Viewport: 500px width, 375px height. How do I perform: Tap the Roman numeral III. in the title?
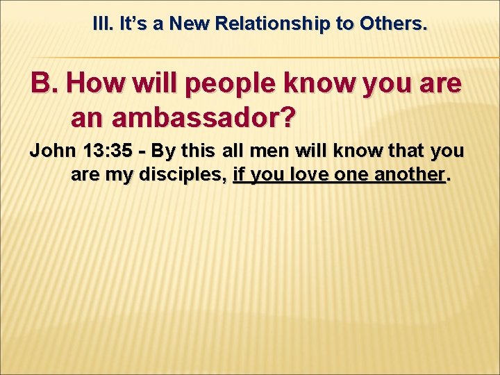(103, 24)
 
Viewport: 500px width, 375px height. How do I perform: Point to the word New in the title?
(191, 24)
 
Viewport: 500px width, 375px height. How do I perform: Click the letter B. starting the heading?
(44, 84)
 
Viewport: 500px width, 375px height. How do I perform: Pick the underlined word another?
(409, 174)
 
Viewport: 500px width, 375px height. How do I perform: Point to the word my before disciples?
(120, 175)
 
